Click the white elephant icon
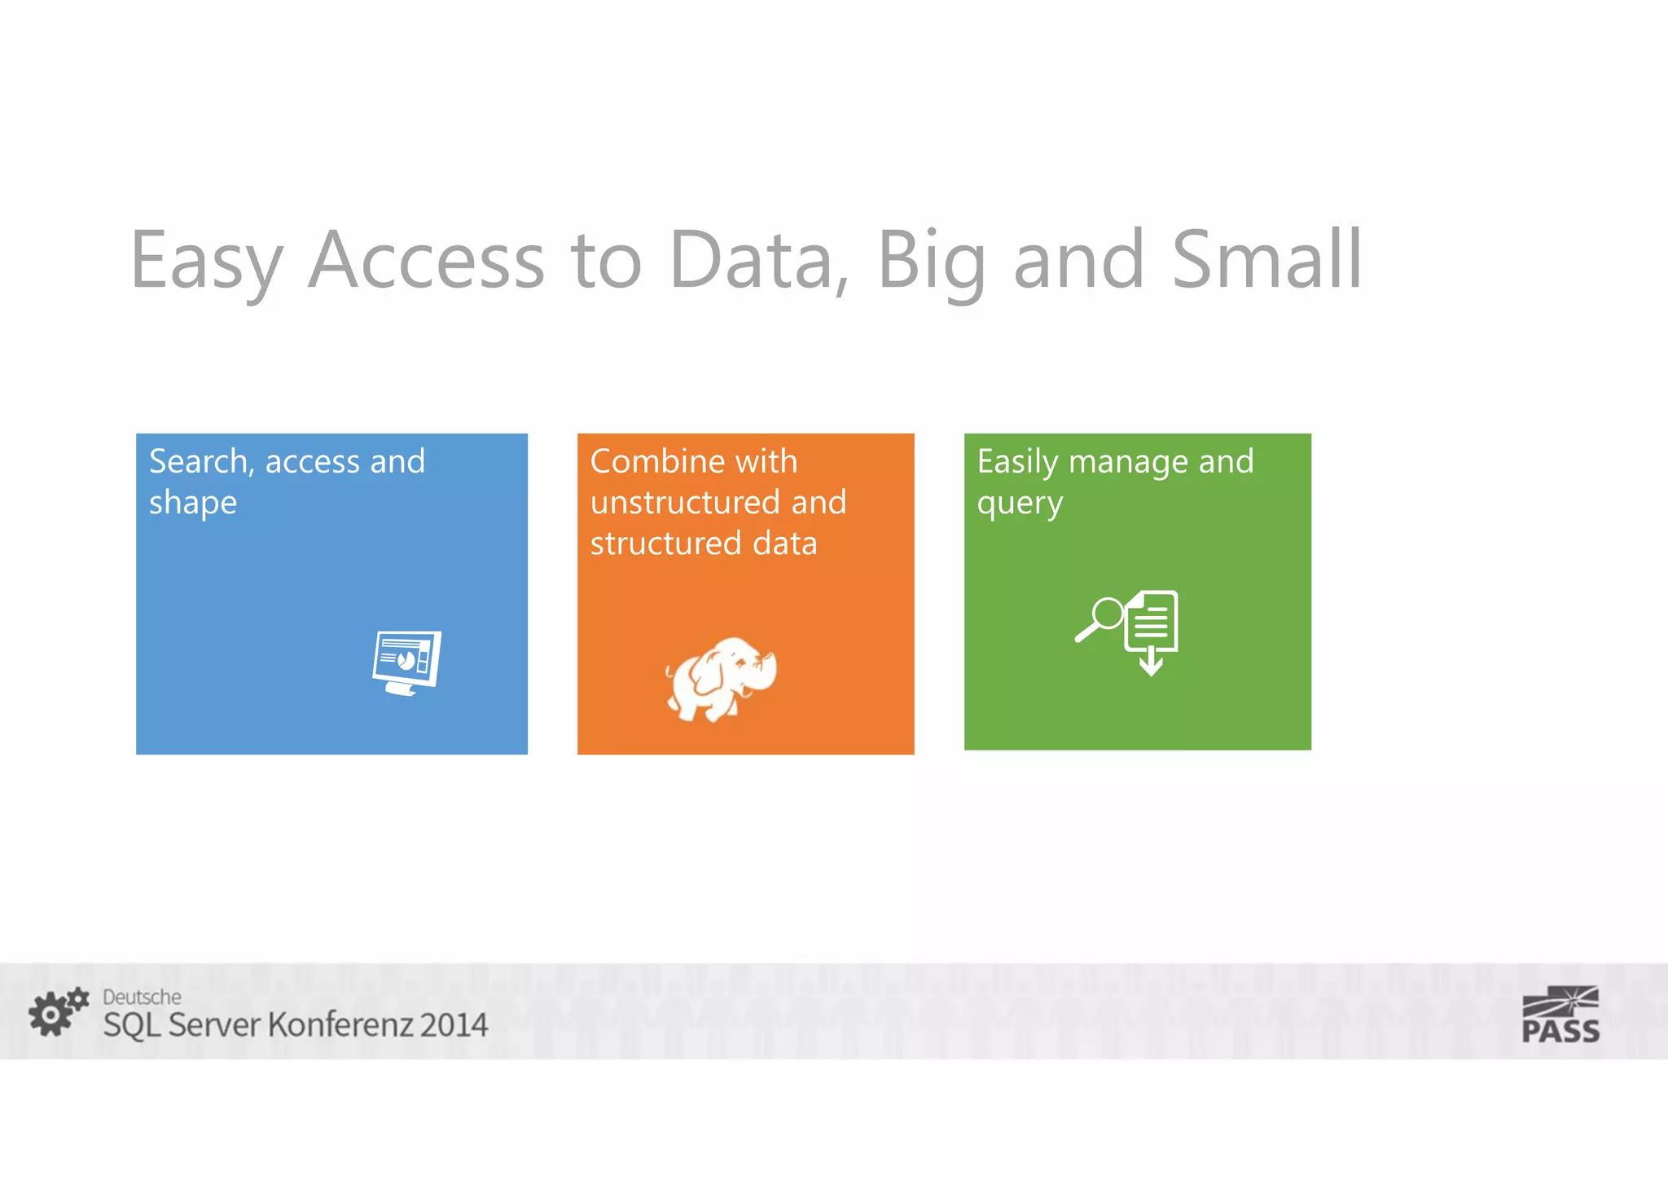pyautogui.click(x=721, y=678)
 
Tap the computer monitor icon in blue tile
pyautogui.click(x=406, y=662)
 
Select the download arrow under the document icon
pyautogui.click(x=1151, y=662)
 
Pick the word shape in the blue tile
pyautogui.click(x=193, y=504)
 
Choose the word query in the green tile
pyautogui.click(x=1020, y=504)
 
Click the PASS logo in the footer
pyautogui.click(x=1560, y=1015)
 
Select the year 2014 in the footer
pyautogui.click(x=454, y=1025)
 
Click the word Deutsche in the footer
pyautogui.click(x=142, y=997)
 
